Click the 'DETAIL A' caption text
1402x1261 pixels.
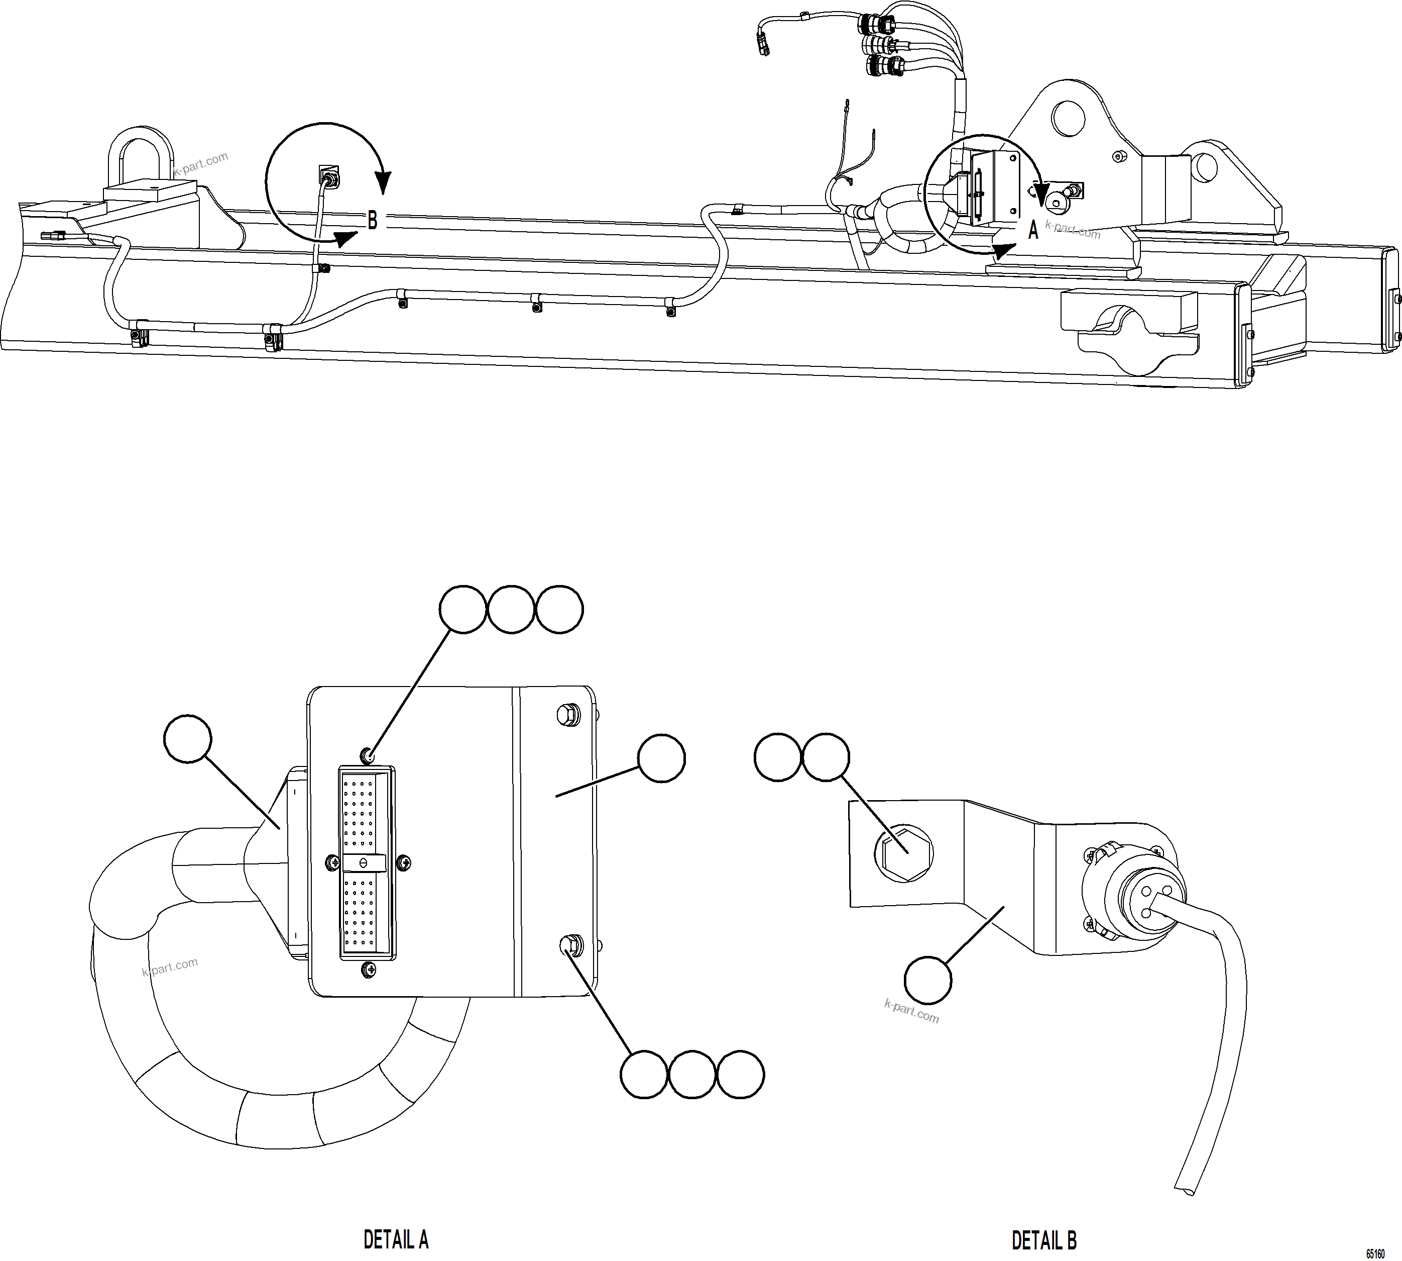[x=396, y=1239]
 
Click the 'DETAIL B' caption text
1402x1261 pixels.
[x=1044, y=1239]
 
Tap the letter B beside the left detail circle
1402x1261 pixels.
[x=373, y=220]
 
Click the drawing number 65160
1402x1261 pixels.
[x=1375, y=1253]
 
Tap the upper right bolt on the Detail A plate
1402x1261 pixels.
[x=568, y=714]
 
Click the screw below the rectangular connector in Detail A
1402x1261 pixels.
[x=369, y=971]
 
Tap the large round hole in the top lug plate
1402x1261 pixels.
[x=1068, y=118]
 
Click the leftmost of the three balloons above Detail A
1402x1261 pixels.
[x=463, y=609]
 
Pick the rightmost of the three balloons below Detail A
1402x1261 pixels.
[x=740, y=1075]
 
